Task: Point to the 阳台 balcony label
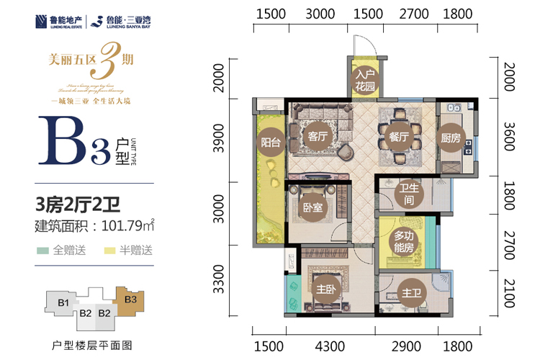pos(270,142)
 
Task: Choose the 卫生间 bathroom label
pos(408,194)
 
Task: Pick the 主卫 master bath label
pos(411,294)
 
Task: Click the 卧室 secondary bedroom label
pos(312,207)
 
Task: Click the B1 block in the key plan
pos(63,302)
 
